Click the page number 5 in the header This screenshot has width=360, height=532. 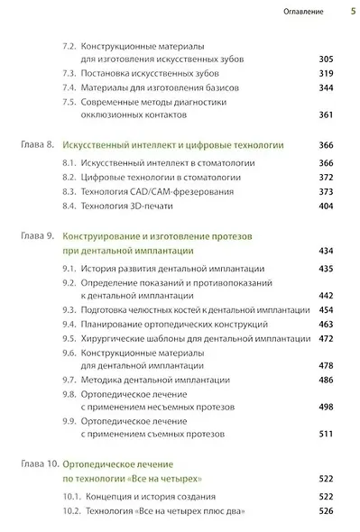point(352,13)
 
